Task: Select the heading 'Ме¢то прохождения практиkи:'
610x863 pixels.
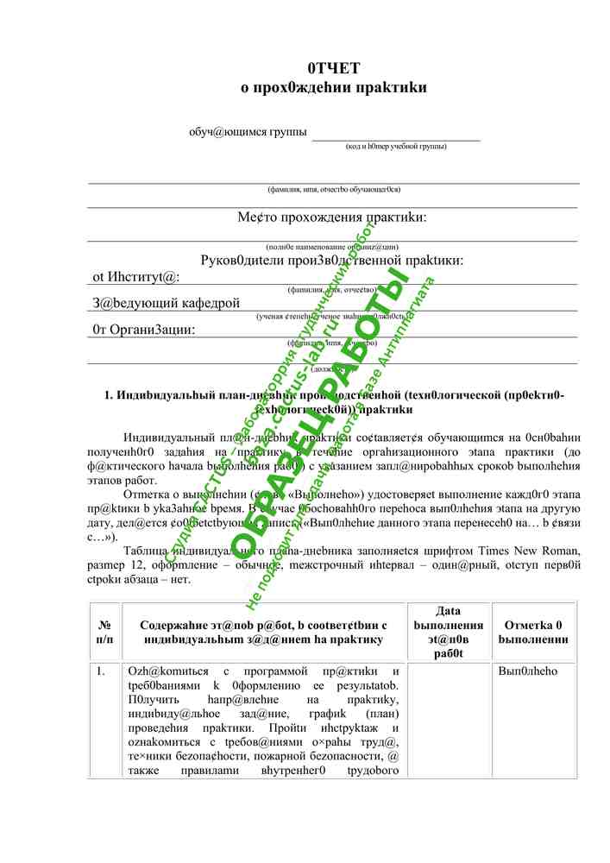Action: coord(332,217)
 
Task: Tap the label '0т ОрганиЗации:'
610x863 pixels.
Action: coord(143,329)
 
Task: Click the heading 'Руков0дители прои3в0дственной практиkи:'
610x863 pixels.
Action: coord(332,260)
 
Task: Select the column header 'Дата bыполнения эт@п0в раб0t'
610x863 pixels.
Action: coord(448,632)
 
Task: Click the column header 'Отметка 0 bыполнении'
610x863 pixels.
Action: coord(533,632)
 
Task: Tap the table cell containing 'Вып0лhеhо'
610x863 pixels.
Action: coord(528,671)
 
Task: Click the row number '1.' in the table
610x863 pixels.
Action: coord(101,671)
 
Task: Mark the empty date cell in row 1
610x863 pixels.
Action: coord(448,721)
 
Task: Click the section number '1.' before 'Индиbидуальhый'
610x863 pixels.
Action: coord(110,395)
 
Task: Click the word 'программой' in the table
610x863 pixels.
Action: coord(275,671)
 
